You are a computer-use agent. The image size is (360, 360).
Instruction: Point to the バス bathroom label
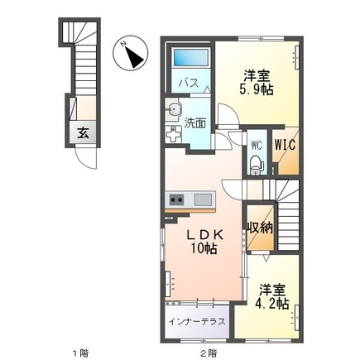coord(188,83)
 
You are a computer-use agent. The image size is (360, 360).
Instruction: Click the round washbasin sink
coord(173,107)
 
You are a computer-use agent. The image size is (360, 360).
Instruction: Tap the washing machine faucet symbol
coord(173,136)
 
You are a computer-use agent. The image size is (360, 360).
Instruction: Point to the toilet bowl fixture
coord(257,163)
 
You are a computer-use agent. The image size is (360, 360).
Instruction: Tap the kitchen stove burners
coord(176,199)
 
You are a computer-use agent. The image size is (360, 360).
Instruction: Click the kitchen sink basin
coord(203,199)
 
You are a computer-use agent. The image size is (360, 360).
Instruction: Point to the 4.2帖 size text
coord(272,305)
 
